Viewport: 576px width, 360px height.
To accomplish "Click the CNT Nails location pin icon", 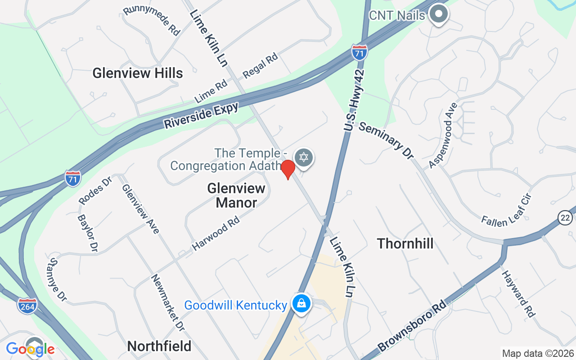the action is pos(438,15).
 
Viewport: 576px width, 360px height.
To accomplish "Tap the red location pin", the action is pos(288,169).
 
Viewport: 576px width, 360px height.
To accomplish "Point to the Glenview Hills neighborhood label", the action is pos(138,73).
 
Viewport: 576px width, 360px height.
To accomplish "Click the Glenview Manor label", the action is pos(236,195).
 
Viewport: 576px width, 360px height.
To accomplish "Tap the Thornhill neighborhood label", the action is pos(405,243).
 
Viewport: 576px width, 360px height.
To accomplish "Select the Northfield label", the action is pos(159,346).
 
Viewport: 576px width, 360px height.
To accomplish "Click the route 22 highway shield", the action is pos(565,218).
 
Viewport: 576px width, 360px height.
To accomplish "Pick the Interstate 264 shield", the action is pos(27,306).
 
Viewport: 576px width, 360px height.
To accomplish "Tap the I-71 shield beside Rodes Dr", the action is pos(72,178).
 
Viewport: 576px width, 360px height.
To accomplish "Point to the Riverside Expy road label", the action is pos(201,116).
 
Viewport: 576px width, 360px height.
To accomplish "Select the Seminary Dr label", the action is pos(386,141).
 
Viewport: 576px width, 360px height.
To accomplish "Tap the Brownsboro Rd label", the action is pos(414,327).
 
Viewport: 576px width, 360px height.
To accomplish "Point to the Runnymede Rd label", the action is pos(152,20).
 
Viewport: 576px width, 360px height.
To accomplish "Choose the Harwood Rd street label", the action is pos(216,233).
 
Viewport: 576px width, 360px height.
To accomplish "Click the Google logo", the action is pos(30,349).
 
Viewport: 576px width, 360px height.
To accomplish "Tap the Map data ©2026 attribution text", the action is pos(538,353).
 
